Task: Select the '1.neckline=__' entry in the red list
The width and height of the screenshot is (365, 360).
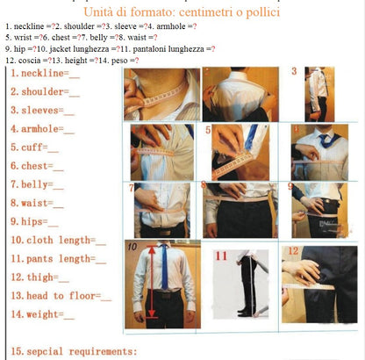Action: click(44, 75)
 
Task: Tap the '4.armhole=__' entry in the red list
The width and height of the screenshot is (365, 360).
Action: click(41, 129)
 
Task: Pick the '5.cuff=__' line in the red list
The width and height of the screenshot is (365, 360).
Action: click(34, 148)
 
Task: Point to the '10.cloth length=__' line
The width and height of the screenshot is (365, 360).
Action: click(57, 240)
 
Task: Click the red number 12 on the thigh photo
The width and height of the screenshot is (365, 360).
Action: click(293, 251)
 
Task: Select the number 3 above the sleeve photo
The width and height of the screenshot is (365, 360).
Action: click(294, 70)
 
